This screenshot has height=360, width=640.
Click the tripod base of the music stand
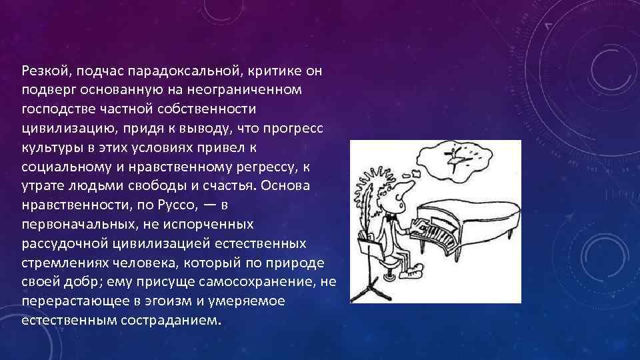(x=369, y=293)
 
